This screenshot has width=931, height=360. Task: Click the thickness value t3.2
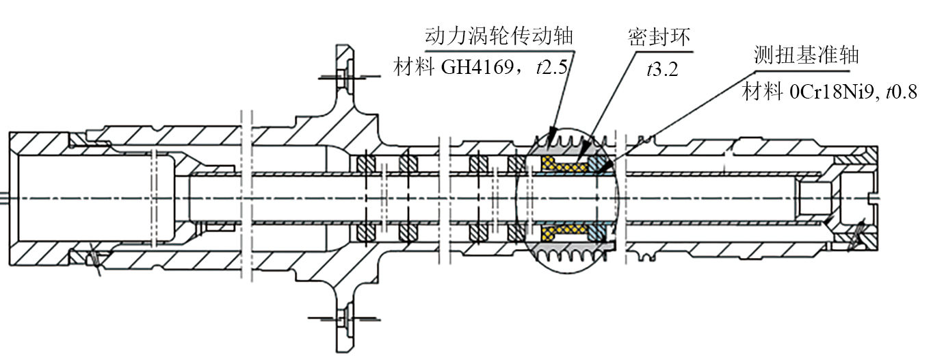(x=661, y=68)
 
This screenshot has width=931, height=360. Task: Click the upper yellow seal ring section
(x=564, y=164)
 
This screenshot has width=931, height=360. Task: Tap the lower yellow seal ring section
(x=564, y=233)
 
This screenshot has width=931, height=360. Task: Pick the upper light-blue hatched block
(x=599, y=164)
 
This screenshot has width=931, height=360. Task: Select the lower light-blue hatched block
(x=599, y=233)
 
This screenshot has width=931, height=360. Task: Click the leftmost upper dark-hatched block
(x=366, y=164)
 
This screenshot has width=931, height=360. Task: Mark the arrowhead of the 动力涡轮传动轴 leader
(x=554, y=133)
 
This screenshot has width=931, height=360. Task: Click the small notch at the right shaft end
(x=872, y=198)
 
